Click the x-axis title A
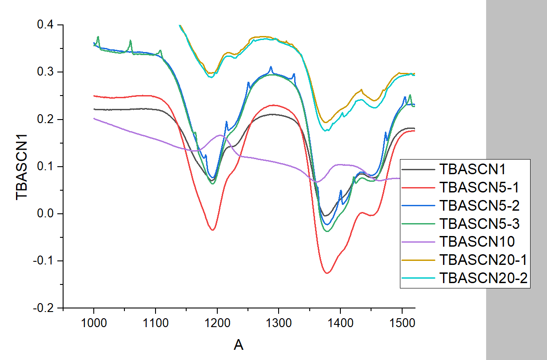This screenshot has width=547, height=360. pos(239,344)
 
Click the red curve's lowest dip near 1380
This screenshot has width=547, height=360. pos(327,273)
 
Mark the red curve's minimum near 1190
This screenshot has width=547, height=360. pos(213,230)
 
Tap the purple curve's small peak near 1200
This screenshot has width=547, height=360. pos(220,135)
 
